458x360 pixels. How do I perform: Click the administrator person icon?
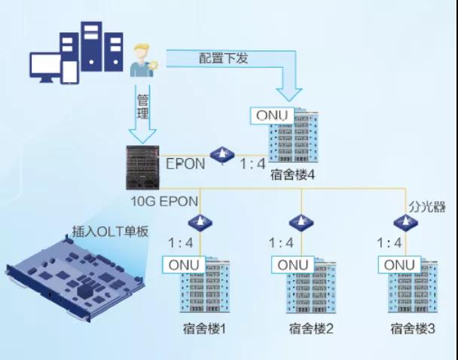click(x=141, y=59)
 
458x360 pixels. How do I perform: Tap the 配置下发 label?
click(x=224, y=58)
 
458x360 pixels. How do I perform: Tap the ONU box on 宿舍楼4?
click(x=272, y=114)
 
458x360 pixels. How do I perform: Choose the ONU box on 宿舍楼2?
click(x=293, y=264)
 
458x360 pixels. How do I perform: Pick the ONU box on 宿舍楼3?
click(x=399, y=264)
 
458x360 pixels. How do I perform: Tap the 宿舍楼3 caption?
click(x=413, y=329)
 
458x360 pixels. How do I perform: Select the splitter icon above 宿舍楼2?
click(x=301, y=222)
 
